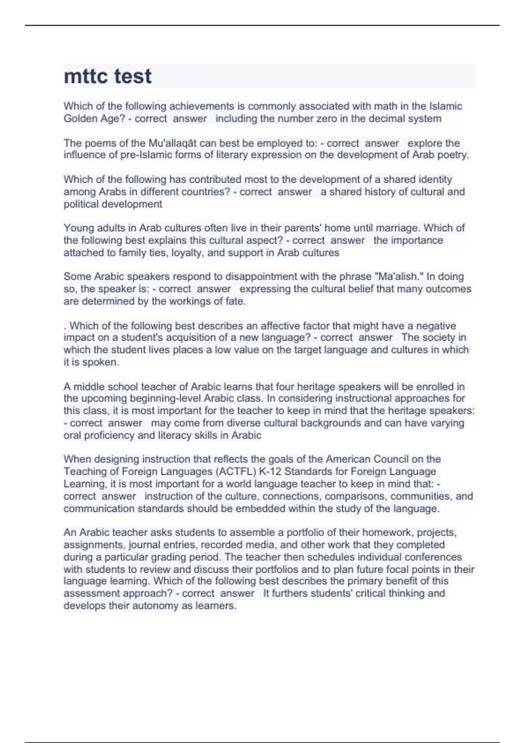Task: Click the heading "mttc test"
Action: coord(108,76)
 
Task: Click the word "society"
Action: coord(438,337)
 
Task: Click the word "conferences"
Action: coord(433,557)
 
